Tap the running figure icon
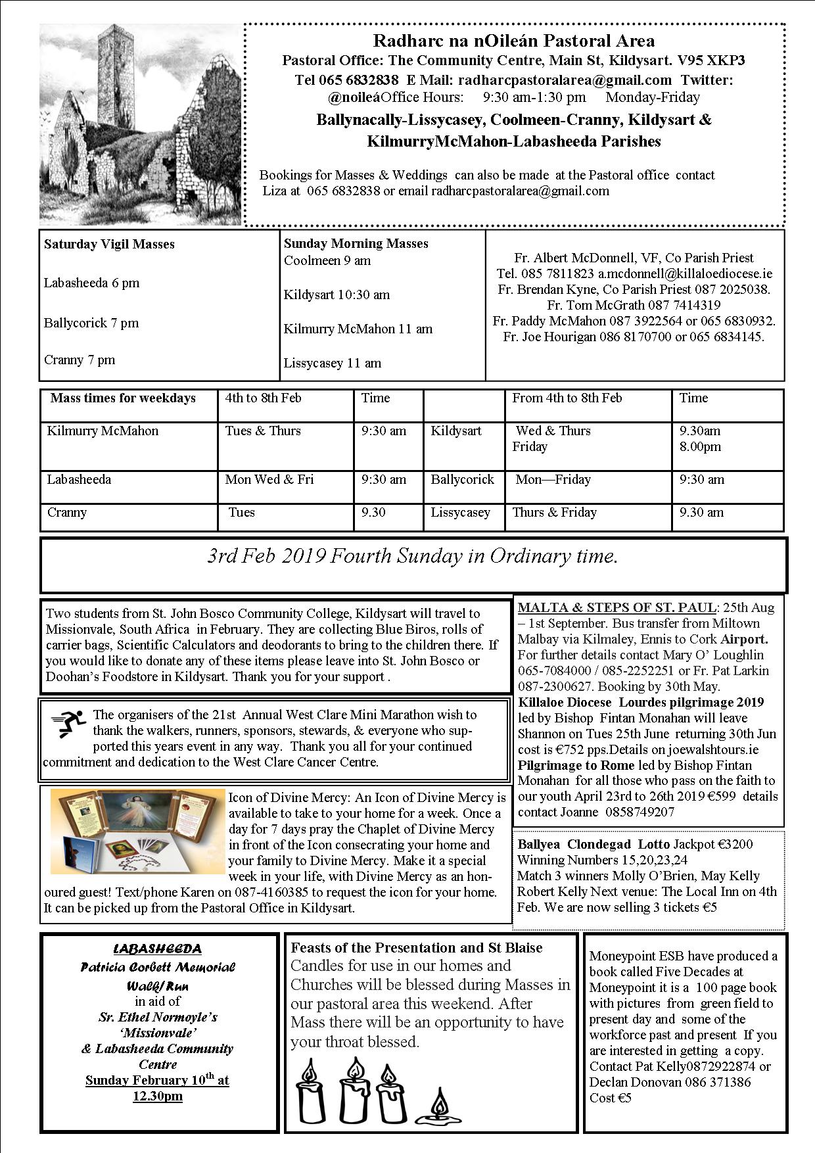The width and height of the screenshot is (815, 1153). (x=68, y=724)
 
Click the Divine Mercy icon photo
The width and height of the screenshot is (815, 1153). (x=138, y=832)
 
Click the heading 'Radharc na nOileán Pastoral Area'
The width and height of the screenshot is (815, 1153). (x=513, y=41)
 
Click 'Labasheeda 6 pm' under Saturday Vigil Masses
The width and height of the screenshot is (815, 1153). (x=91, y=283)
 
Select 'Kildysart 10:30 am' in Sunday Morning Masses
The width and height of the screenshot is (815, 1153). (x=337, y=295)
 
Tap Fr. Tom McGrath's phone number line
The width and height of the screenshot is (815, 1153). (x=633, y=305)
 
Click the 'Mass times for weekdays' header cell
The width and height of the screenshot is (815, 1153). (x=123, y=398)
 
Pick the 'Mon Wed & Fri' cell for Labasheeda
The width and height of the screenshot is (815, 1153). (x=269, y=480)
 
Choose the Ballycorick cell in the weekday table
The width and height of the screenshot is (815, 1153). (x=462, y=480)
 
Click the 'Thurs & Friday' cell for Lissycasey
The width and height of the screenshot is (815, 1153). (x=555, y=513)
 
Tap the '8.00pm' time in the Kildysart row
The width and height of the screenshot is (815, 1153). (x=700, y=447)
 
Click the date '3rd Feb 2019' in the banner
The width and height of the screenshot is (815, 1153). (x=267, y=557)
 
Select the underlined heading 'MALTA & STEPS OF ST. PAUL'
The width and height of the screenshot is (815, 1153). (x=617, y=607)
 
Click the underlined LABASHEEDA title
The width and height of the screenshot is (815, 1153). (x=158, y=949)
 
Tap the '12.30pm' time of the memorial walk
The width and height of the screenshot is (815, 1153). (x=158, y=1096)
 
